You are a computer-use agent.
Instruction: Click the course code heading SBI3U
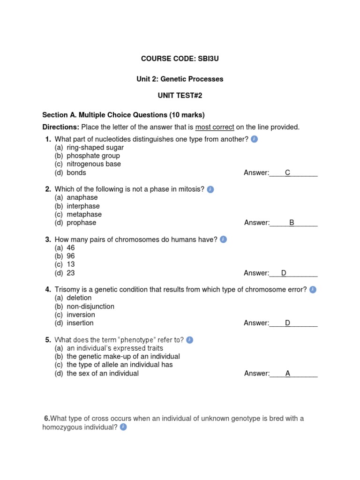tap(180, 59)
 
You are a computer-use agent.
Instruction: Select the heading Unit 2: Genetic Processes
tap(180, 79)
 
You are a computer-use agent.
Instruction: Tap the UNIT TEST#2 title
tap(180, 96)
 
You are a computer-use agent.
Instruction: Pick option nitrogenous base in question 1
tap(93, 164)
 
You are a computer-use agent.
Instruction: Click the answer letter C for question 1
tap(288, 173)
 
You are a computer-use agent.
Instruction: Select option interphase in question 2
tap(83, 206)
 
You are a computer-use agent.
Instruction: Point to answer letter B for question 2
tap(292, 223)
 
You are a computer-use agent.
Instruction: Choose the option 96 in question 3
tap(71, 256)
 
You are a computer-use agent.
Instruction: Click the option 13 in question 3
tap(71, 264)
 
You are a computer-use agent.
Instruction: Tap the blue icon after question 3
tap(223, 240)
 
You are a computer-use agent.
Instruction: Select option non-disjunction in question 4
tap(90, 307)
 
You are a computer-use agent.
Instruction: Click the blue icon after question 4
tap(313, 290)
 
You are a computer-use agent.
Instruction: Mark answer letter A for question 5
tap(288, 374)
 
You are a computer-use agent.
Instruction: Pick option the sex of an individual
tap(103, 374)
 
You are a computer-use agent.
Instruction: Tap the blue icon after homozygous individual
tap(123, 427)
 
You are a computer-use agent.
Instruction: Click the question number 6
tap(47, 419)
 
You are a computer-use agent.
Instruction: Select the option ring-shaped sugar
tap(95, 147)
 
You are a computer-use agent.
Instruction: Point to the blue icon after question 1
tap(254, 139)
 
